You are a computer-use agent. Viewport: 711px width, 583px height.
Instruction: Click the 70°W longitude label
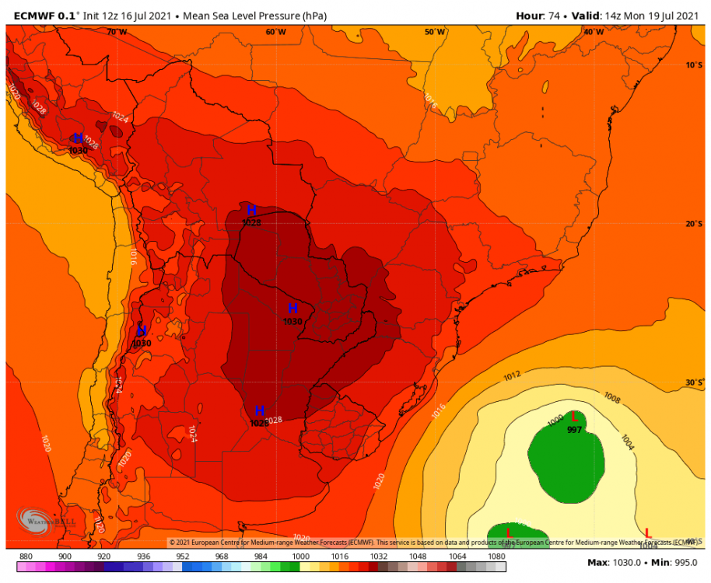117,32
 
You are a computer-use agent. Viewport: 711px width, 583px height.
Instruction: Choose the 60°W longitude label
275,32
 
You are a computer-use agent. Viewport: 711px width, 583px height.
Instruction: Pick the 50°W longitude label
435,32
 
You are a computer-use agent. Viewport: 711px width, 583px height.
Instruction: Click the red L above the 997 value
575,417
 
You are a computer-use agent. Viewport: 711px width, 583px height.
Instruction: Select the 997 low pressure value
575,430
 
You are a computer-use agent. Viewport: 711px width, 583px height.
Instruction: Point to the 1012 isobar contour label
512,376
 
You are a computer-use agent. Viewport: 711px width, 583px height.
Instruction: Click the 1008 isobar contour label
612,399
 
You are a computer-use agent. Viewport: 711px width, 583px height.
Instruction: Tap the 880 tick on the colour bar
26,556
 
